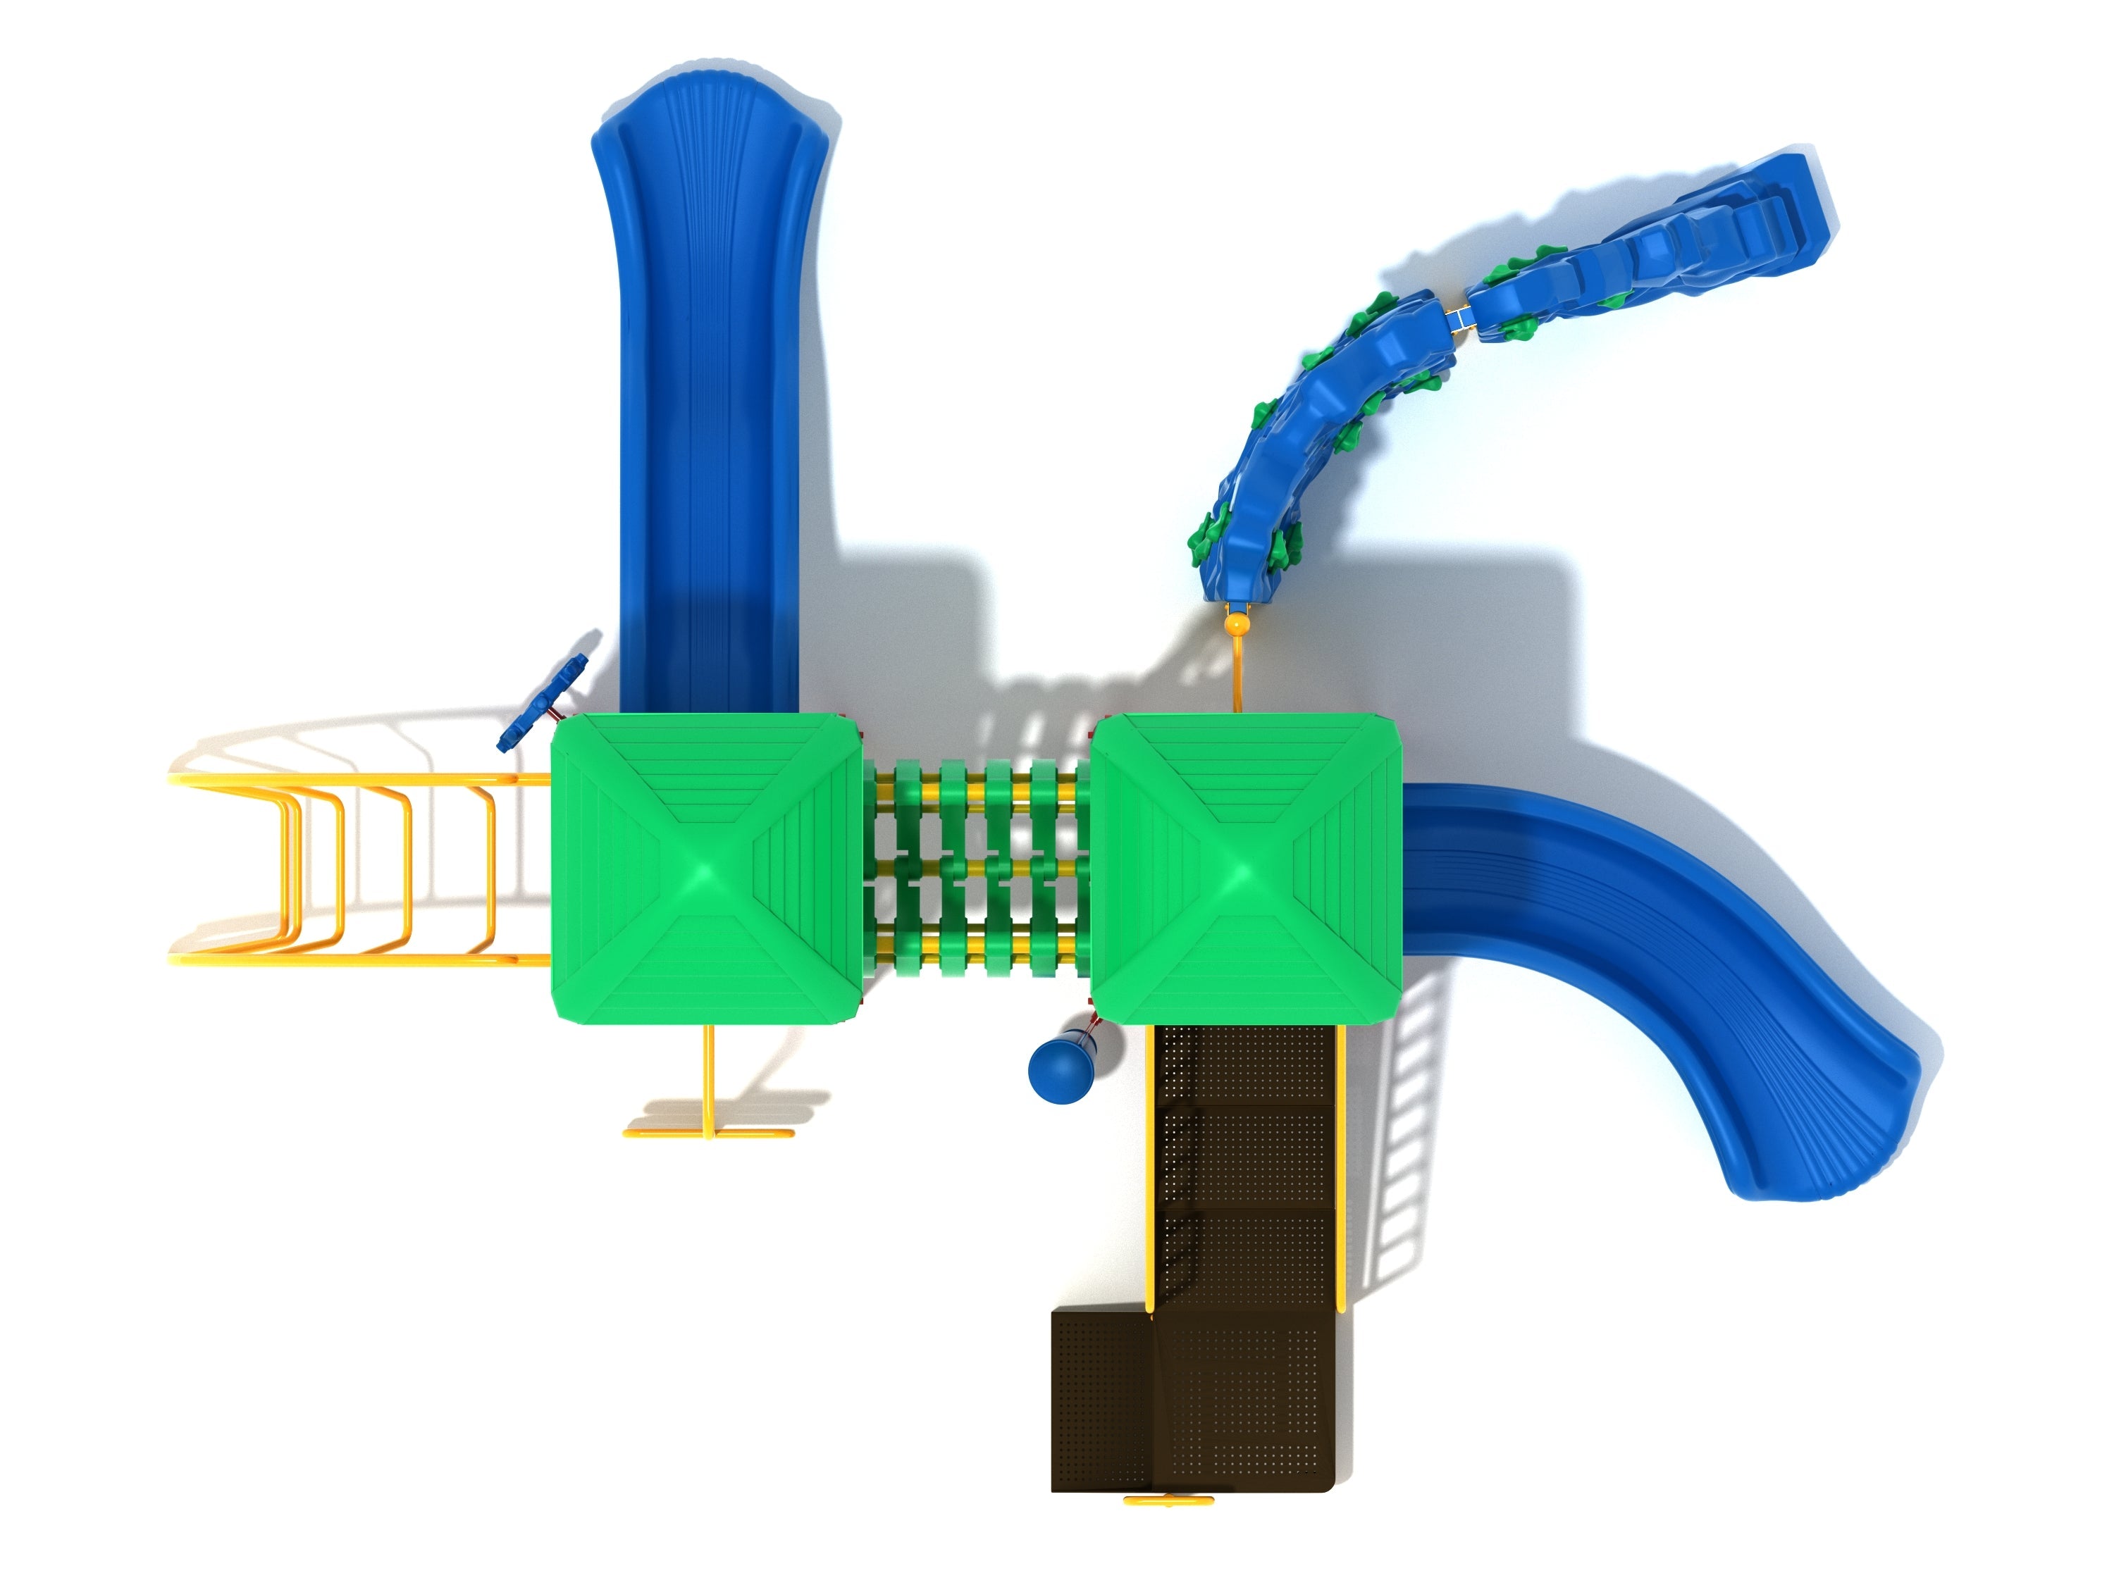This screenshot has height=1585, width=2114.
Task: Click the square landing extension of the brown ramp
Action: [1099, 1400]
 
